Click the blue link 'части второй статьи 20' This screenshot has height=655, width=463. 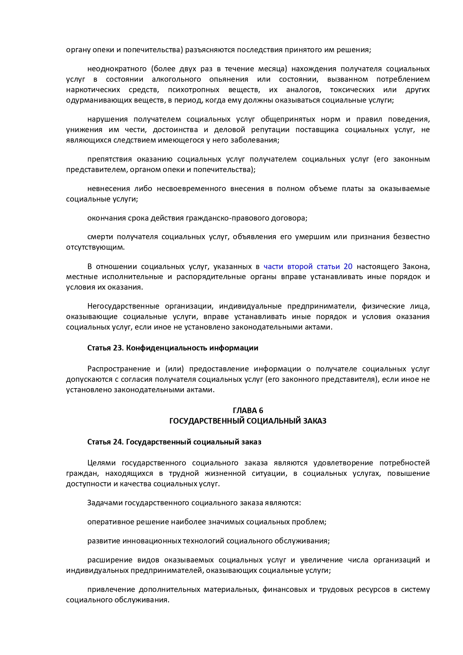(x=308, y=266)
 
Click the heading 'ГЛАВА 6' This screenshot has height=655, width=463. (x=248, y=411)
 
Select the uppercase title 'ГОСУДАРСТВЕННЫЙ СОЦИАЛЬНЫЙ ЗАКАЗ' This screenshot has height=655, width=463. (x=248, y=421)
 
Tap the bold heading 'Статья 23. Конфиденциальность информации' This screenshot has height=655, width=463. (x=173, y=348)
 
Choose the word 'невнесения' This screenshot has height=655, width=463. (x=108, y=189)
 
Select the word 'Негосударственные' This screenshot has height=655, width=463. (x=123, y=306)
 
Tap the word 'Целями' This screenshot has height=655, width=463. (x=101, y=463)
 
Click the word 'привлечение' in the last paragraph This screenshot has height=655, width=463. (x=110, y=590)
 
